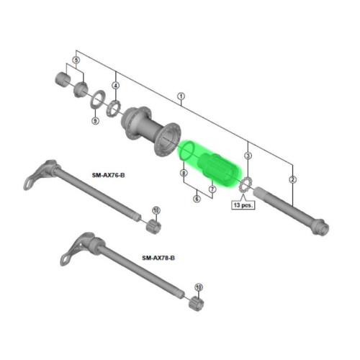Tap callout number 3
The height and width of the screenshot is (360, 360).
pos(248,156)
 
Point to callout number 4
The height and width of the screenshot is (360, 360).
pos(115,86)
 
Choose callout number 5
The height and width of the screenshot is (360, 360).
pos(76,60)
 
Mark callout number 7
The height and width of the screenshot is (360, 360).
pos(212,189)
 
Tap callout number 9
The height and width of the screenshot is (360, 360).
pos(94,120)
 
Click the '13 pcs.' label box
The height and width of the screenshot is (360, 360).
pos(243,204)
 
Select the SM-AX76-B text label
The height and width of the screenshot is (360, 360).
pos(109,174)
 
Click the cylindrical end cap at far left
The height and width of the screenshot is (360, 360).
pos(63,78)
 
